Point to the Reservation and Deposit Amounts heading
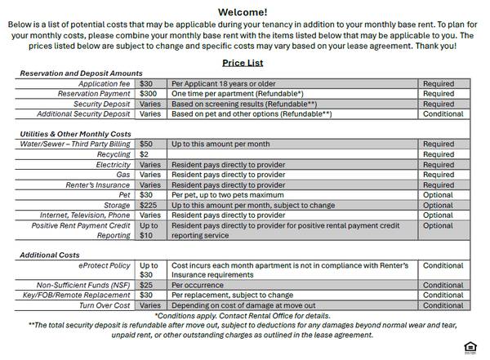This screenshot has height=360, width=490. click(82, 73)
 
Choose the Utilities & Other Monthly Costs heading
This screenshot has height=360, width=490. click(75, 134)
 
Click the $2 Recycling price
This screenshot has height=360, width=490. click(144, 154)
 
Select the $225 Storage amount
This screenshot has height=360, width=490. click(149, 205)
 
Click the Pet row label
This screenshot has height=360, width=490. click(124, 195)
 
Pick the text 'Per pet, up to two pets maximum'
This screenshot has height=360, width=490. click(230, 195)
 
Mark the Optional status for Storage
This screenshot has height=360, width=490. click(438, 205)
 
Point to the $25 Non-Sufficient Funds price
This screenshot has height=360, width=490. click(146, 286)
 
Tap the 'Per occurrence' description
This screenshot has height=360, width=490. click(198, 286)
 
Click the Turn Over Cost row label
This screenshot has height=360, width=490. click(105, 305)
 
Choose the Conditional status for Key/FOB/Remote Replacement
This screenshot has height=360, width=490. click(443, 296)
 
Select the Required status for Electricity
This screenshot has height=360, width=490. click(439, 164)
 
